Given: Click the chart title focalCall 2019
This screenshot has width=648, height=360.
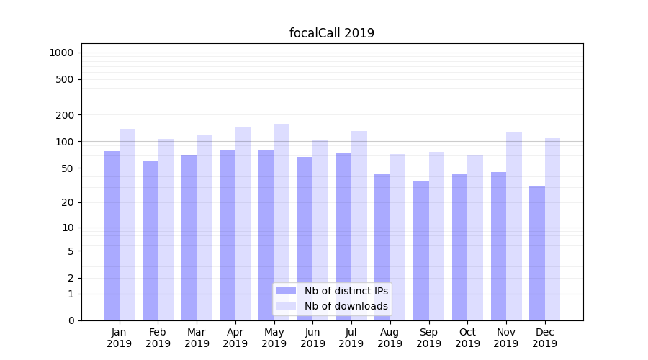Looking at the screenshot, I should [331, 33].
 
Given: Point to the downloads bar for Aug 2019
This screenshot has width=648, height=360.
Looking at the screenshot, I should [397, 237].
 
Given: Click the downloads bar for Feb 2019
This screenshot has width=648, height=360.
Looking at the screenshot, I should [166, 230].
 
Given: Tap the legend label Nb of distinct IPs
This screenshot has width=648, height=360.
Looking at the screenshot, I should [346, 291].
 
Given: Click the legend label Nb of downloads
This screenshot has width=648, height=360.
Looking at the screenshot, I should [346, 306].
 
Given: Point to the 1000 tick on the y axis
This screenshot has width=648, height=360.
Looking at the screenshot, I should [61, 53].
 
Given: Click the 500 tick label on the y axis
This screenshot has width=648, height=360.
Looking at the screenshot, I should [64, 79].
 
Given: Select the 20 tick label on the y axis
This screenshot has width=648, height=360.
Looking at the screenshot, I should [67, 202].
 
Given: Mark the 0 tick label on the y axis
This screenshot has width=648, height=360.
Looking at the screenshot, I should [70, 320].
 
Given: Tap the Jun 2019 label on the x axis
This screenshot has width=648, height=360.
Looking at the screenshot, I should [312, 338].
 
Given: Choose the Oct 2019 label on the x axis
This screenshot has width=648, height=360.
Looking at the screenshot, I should [467, 338].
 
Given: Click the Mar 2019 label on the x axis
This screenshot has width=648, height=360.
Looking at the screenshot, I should [197, 338].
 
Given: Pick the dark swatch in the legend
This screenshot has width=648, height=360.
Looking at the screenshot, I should [286, 291].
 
